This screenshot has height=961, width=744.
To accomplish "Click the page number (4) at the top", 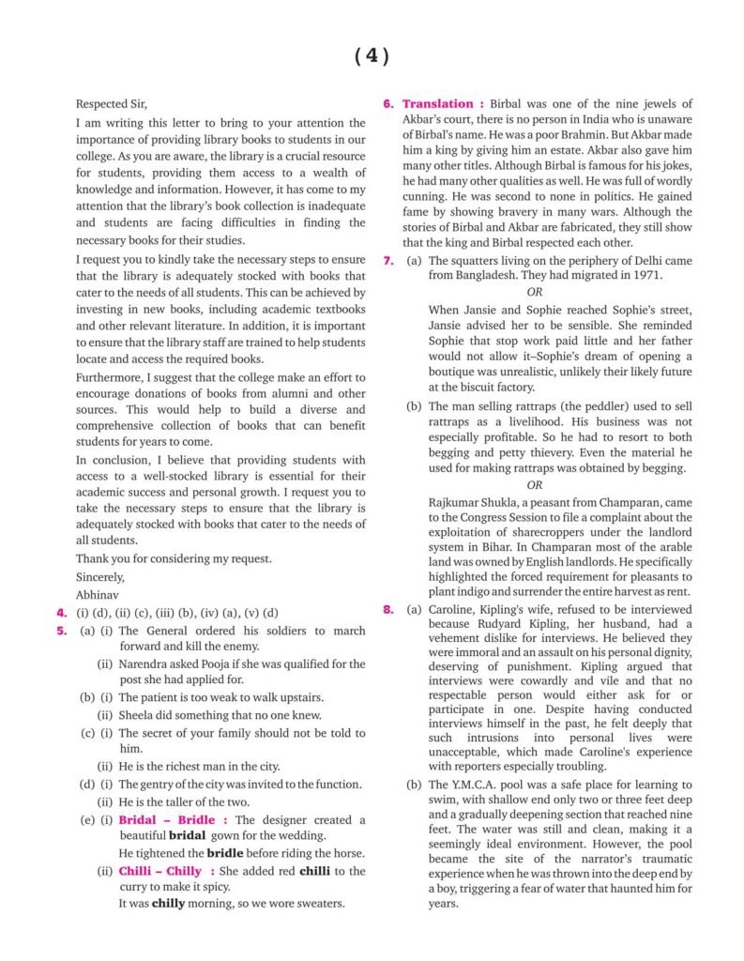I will pos(372,55).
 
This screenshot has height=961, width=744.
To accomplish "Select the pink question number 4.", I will pos(61,613).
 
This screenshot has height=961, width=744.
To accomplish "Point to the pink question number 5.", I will pos(61,631).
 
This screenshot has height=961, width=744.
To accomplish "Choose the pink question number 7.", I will pos(388,260).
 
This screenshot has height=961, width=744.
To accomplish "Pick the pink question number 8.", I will pos(388,610).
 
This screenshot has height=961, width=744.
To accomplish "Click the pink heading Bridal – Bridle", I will pos(168,819).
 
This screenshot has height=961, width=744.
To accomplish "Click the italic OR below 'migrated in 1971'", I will pos(534,292).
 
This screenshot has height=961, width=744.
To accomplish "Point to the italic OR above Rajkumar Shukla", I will pos(534,485).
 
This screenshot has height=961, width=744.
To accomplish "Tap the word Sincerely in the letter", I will pos(99,576).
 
